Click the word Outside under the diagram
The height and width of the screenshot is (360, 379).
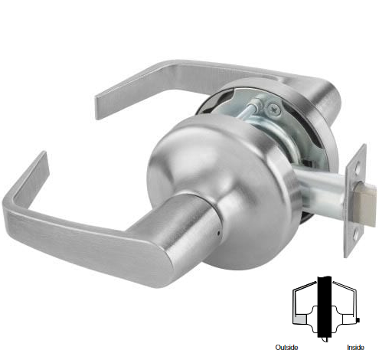(286, 348)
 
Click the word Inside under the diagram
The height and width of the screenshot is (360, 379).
(355, 348)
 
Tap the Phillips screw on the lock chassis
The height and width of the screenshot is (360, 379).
(274, 110)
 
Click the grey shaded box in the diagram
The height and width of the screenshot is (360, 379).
(300, 319)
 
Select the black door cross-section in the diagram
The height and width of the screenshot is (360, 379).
(325, 306)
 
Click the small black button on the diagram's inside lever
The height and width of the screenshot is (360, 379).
(358, 319)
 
